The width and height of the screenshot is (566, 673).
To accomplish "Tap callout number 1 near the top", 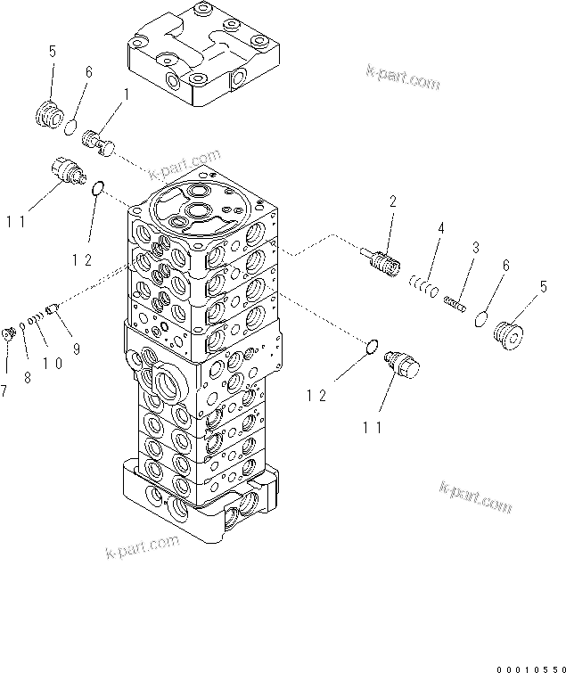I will point(126,94).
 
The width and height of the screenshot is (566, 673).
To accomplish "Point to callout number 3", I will point(477,247).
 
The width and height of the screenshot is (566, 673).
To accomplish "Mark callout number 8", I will point(27,378).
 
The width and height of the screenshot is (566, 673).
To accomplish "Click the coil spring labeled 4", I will point(422,283).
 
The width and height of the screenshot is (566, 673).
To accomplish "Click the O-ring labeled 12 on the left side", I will point(98,188).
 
